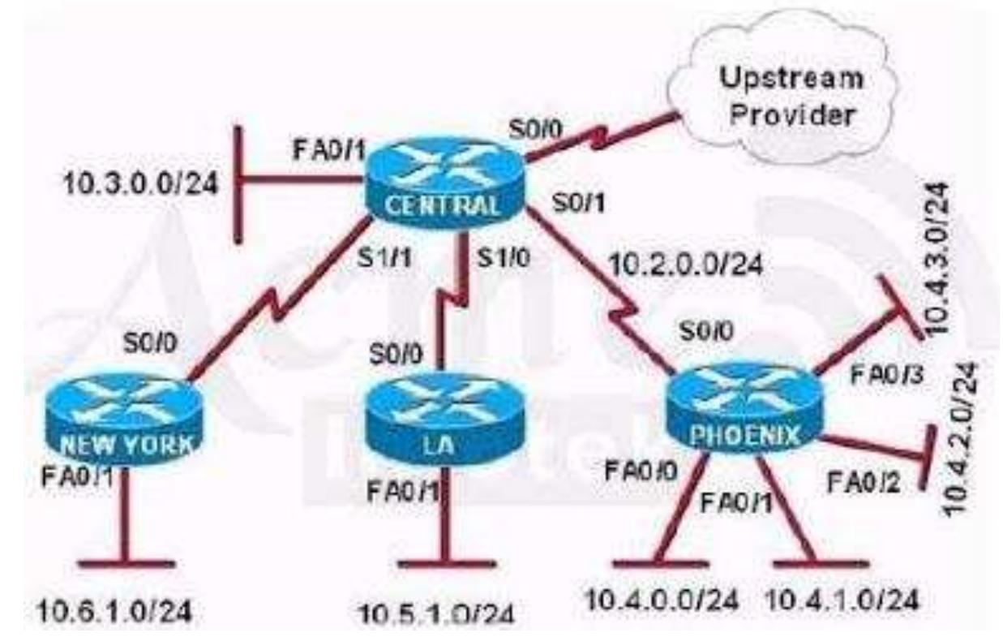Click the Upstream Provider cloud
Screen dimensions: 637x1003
[x=791, y=97]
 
